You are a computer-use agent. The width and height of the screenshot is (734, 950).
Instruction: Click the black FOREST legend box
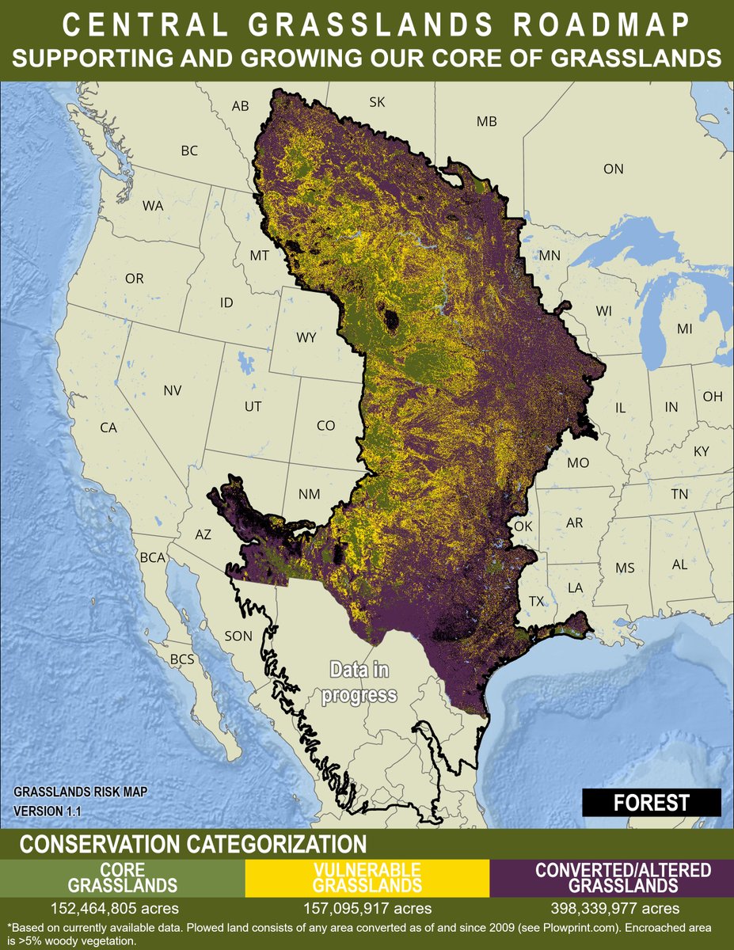(x=652, y=802)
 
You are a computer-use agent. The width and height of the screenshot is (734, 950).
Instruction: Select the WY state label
(x=306, y=337)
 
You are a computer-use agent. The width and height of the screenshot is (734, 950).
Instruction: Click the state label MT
(x=260, y=256)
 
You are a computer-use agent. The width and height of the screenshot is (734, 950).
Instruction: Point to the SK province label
(x=377, y=102)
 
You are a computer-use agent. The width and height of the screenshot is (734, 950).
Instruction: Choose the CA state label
(x=108, y=427)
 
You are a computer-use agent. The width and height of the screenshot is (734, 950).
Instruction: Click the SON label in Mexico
(x=238, y=636)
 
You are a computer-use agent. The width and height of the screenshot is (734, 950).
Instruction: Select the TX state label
(x=536, y=601)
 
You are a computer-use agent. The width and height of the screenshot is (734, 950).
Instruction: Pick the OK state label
(x=523, y=526)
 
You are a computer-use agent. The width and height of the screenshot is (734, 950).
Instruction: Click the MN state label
(x=550, y=255)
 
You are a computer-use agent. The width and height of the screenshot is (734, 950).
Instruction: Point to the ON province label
(x=614, y=169)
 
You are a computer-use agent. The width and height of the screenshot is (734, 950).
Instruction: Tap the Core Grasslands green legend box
(x=122, y=877)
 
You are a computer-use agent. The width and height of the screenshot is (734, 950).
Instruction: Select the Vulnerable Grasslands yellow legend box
(x=367, y=877)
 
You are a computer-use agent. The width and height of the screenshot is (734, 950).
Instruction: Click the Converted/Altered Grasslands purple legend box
(x=611, y=877)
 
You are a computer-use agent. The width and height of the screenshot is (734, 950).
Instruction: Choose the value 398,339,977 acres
(x=611, y=907)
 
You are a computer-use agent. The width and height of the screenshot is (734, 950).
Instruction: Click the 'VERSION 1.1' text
(x=48, y=811)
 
